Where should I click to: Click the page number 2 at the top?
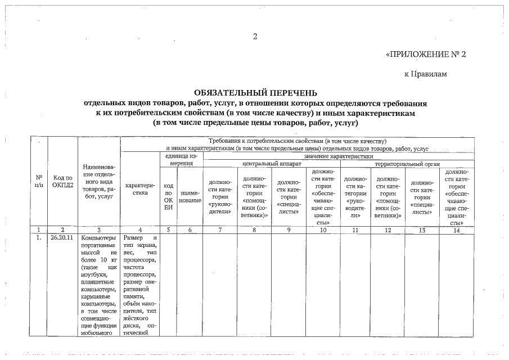(255, 37)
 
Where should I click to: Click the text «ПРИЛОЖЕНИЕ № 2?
(427, 55)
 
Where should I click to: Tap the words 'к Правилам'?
(425, 74)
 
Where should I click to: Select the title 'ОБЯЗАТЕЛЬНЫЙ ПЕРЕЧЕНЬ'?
(255, 93)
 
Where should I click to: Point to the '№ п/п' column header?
(39, 180)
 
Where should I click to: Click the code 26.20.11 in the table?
(62, 238)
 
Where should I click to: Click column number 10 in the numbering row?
(323, 229)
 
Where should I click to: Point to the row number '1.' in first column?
(38, 238)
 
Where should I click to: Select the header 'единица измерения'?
(182, 159)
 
